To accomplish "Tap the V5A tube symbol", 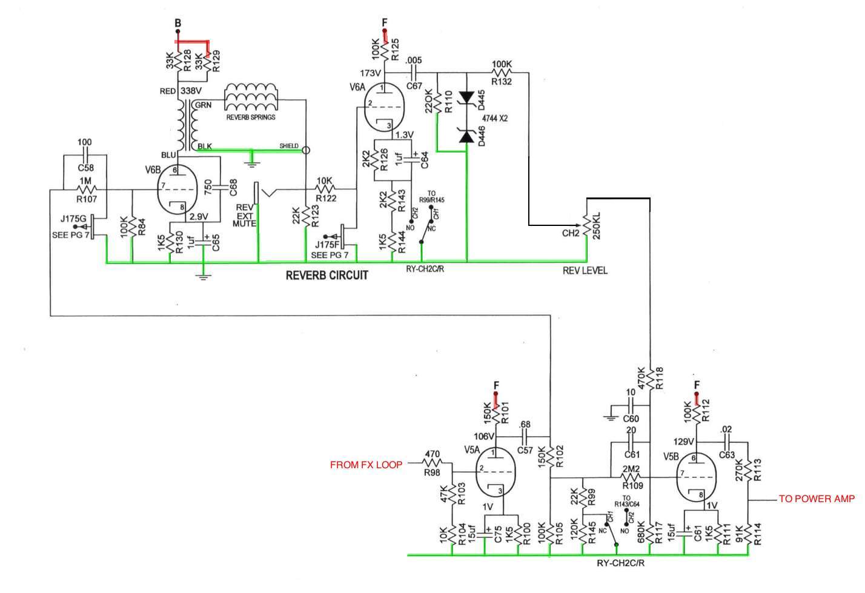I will [494, 470].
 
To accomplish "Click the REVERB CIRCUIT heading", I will [327, 276].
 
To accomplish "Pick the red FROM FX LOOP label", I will [366, 465].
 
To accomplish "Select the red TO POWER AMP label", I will [817, 499].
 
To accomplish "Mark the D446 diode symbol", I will [466, 137].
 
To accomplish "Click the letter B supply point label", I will [178, 23].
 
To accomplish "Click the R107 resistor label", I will [85, 199].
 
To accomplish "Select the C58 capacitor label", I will [85, 168].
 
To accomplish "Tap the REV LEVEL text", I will [585, 270].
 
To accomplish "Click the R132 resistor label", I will [502, 81].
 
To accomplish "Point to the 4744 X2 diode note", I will [494, 118].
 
